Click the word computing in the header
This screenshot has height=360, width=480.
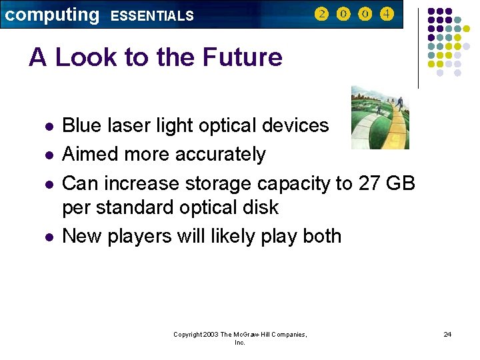(51, 15)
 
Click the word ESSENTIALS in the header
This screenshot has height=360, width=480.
(152, 16)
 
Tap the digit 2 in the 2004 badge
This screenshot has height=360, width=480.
(321, 14)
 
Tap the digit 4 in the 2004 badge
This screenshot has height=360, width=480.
(387, 14)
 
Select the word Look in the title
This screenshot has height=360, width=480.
(87, 57)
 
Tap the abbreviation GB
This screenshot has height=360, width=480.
(401, 183)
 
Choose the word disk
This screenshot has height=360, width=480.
(260, 207)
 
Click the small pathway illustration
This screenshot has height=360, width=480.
(380, 117)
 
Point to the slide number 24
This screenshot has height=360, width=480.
(447, 334)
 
